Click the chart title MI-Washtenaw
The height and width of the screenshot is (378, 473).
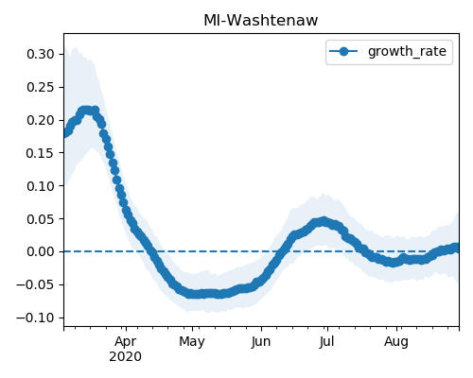coord(261,21)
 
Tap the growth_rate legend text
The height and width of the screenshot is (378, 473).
coord(407,51)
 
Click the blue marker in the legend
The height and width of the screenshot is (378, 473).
coord(343,51)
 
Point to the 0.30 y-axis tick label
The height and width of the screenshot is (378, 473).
coord(41,54)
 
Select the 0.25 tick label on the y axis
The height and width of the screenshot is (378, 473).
coord(41,87)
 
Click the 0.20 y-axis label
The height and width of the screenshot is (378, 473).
coord(41,120)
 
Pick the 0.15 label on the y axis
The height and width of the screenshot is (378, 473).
coord(41,153)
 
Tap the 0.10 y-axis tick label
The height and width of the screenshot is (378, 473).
coord(41,186)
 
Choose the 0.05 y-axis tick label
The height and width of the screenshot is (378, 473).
coord(41,219)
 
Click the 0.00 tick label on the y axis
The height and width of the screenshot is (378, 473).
coord(41,251)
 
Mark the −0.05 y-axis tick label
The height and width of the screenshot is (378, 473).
coord(36,284)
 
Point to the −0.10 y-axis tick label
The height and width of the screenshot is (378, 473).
coord(36,318)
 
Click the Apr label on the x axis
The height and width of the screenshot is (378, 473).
coord(126,342)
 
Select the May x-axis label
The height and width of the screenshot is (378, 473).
coord(192,342)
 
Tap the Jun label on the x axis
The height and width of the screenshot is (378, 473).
coord(261,342)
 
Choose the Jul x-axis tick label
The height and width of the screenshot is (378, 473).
coord(326,342)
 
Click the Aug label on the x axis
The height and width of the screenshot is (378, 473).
coord(396,342)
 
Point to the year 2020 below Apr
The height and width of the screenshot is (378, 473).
coord(125,357)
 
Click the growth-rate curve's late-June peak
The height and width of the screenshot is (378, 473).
coord(323,221)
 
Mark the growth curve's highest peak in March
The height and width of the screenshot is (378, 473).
coord(86,111)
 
